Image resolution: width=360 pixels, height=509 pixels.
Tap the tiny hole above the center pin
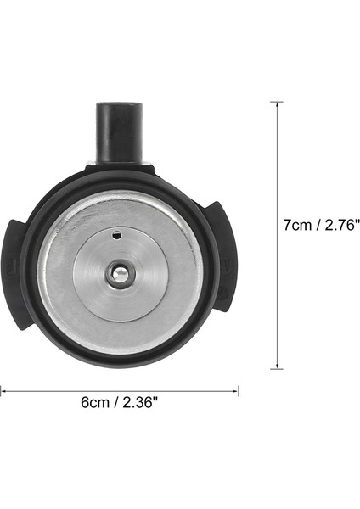tap(119, 235)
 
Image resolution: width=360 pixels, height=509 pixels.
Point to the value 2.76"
tap(341, 225)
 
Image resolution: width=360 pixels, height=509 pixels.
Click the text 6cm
tap(95, 405)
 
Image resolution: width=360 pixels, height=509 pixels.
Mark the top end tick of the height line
tap(276, 102)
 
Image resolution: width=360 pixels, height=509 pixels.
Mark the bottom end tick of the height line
tap(276, 369)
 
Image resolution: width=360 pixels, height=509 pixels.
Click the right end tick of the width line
tap(239, 390)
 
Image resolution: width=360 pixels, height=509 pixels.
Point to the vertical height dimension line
tap(276, 170)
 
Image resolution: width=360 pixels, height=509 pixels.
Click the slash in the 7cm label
tap(318, 225)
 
